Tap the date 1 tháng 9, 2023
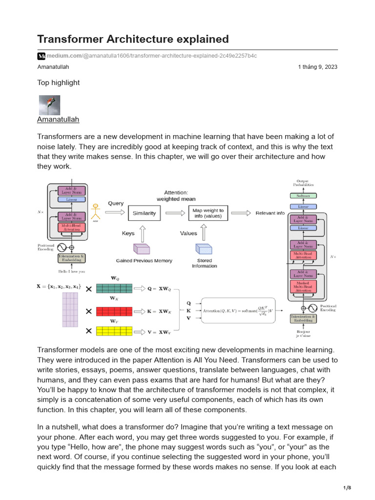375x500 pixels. click(317, 67)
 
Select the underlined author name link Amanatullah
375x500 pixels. click(58, 119)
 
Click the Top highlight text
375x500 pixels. click(58, 83)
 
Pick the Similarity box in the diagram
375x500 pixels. click(144, 213)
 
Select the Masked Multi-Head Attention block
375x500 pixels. click(303, 287)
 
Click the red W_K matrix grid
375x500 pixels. click(114, 311)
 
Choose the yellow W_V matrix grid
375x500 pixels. click(114, 332)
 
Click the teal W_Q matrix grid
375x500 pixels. click(114, 289)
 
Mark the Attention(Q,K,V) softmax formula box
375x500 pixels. click(238, 310)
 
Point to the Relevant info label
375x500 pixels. click(270, 213)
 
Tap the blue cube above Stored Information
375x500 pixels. click(204, 249)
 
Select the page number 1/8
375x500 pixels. click(347, 488)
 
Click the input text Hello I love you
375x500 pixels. click(72, 271)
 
